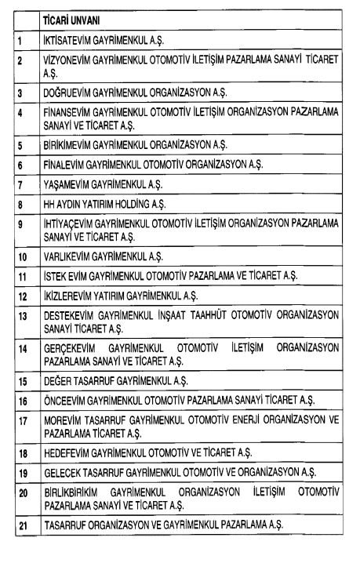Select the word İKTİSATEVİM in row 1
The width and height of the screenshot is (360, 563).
(66, 37)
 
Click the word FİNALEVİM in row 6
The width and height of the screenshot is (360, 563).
(64, 166)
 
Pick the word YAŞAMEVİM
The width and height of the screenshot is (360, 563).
(64, 186)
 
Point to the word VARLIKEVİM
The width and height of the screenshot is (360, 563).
(65, 256)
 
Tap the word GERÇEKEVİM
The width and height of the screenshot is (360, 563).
(69, 347)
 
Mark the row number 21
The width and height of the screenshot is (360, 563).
(23, 525)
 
